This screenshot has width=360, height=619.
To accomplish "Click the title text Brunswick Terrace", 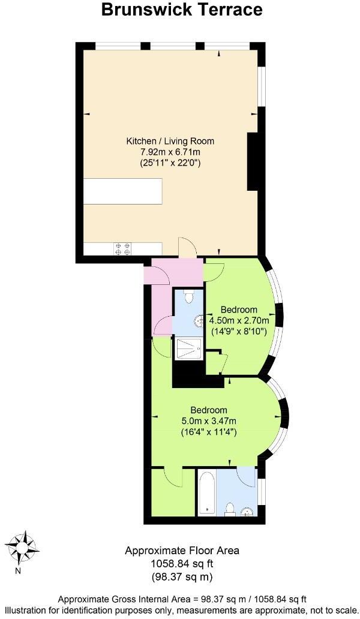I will pyautogui.click(x=182, y=10).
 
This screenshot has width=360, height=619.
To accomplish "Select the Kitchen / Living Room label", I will pyautogui.click(x=170, y=142).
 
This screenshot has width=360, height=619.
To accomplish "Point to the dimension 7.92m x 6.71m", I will pyautogui.click(x=170, y=152).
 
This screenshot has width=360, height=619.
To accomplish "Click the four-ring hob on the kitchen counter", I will pyautogui.click(x=123, y=248).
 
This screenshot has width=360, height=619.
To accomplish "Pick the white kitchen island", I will pyautogui.click(x=122, y=191).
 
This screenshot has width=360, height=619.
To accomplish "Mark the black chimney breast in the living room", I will pyautogui.click(x=253, y=162).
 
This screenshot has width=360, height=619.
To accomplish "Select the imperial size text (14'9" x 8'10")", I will pyautogui.click(x=238, y=330).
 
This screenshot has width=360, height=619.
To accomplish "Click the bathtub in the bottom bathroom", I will pyautogui.click(x=205, y=492).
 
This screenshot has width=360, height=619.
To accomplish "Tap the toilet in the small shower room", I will pyautogui.click(x=189, y=296).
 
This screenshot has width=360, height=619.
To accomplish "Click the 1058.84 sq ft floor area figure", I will pyautogui.click(x=182, y=563).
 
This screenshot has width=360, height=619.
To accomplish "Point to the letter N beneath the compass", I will pyautogui.click(x=18, y=570).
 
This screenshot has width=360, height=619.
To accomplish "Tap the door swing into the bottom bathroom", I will pyautogui.click(x=246, y=477).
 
